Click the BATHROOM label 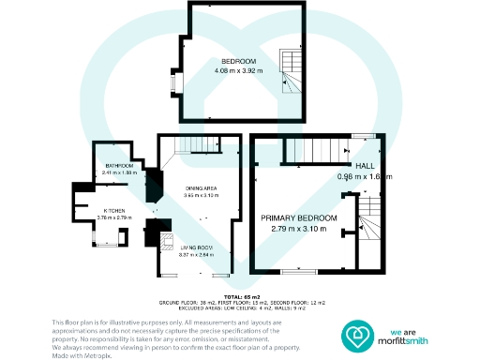(x=120, y=166)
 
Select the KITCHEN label (x=115, y=211)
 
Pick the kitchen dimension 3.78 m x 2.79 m (x=115, y=218)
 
